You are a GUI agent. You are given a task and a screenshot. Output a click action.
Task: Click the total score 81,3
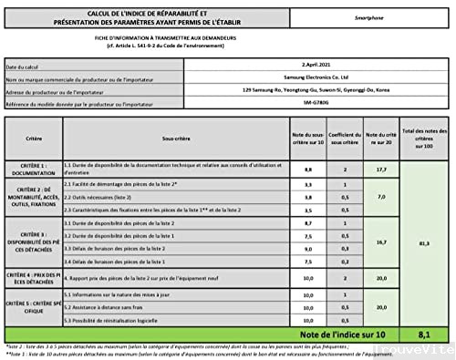point(424,244)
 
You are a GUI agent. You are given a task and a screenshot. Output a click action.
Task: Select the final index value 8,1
point(424,334)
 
